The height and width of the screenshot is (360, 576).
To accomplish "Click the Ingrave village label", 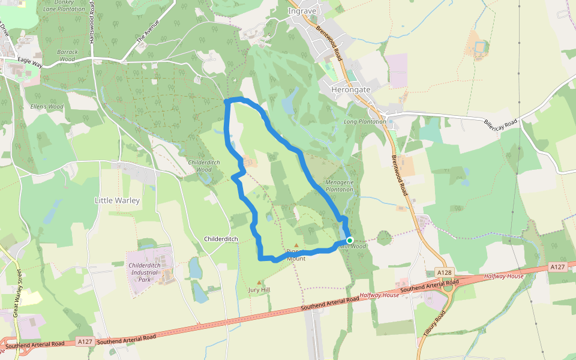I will tap(302, 11).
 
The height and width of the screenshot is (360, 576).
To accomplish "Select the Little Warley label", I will tap(117, 200).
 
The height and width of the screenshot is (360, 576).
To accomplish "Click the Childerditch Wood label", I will tap(204, 166).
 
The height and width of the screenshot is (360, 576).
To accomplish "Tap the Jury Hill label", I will tap(259, 290).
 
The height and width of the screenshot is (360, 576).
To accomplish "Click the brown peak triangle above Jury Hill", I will tap(259, 282).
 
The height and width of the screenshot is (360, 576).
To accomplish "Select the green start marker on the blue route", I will tap(350, 240).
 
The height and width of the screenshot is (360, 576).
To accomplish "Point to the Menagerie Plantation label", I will tap(339, 185).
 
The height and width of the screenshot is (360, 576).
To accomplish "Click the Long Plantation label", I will tap(364, 121).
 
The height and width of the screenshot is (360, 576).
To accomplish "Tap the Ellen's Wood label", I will tap(47, 107).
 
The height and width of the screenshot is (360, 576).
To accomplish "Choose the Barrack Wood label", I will tap(67, 56).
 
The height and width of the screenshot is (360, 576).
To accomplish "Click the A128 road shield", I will tap(444, 272).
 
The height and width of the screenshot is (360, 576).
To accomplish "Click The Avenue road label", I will tap(148, 31).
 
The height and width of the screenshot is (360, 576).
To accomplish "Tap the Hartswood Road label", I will tap(92, 22).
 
